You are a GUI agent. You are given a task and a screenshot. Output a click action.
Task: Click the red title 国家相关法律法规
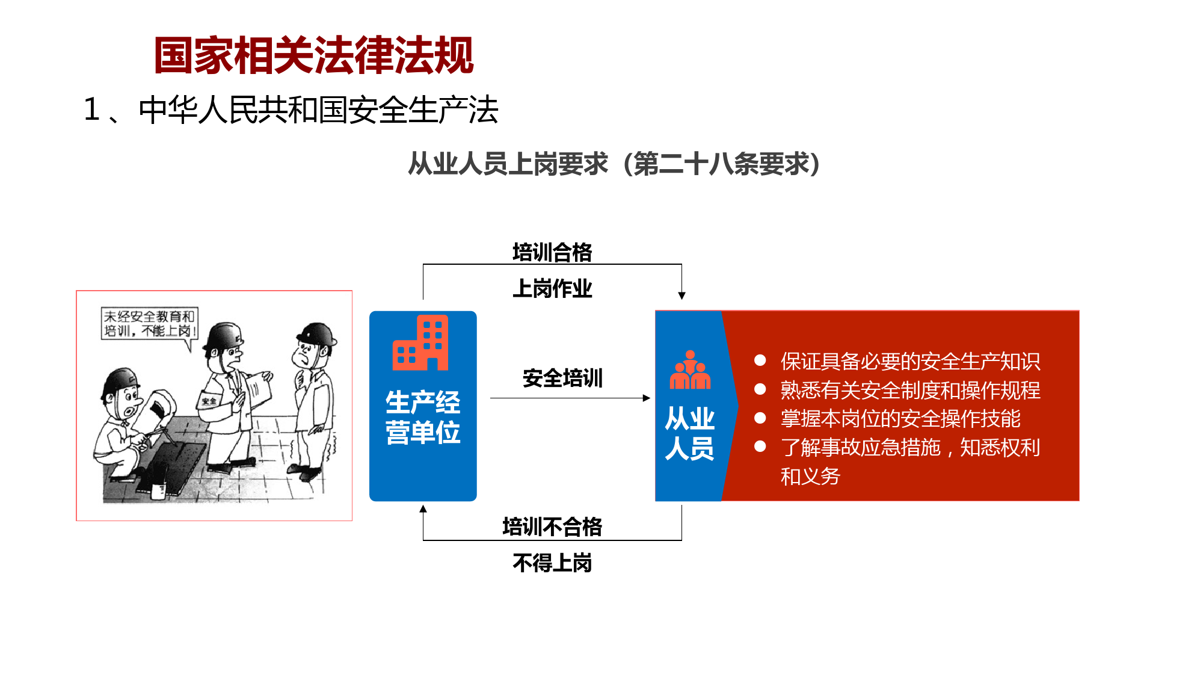point(314,55)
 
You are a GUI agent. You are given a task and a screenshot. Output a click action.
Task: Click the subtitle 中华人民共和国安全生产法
point(319,110)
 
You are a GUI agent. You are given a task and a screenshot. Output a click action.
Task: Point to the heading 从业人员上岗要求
point(508,164)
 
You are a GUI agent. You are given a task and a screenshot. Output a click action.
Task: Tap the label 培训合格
point(552,252)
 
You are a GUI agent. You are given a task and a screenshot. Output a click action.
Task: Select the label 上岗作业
point(552,288)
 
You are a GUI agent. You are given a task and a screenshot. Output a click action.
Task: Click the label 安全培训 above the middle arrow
point(562,378)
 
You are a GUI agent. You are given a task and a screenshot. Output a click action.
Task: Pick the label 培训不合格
point(552,527)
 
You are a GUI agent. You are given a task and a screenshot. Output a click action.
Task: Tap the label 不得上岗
point(552,563)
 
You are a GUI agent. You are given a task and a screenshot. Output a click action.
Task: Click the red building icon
point(420,342)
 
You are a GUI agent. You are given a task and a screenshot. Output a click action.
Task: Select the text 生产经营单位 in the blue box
point(423,417)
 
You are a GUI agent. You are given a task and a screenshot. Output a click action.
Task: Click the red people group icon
point(690,369)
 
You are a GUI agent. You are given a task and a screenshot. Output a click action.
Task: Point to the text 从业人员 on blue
point(689,433)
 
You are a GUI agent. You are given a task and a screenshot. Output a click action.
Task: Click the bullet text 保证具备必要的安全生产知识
point(910,361)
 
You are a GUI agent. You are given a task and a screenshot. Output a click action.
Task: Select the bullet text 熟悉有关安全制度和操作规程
point(910,390)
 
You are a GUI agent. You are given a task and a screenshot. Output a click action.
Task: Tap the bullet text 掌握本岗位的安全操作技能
point(900,418)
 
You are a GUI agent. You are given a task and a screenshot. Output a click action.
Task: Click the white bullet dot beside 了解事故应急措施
point(760,447)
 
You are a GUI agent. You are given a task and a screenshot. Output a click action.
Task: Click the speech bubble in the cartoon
point(149,325)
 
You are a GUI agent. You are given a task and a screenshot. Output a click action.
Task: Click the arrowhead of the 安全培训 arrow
point(647,398)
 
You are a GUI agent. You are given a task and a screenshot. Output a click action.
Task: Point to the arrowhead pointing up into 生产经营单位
point(423,509)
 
